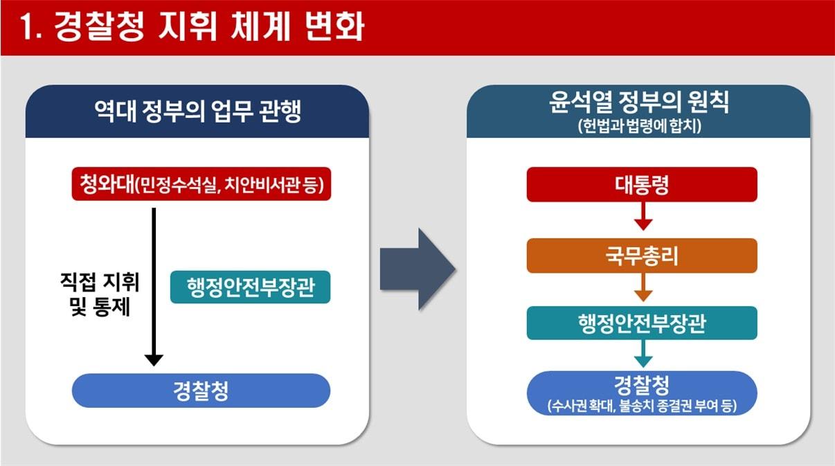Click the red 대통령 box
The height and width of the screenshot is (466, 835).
642,185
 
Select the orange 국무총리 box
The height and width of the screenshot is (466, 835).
642,256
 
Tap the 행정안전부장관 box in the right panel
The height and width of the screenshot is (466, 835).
642,323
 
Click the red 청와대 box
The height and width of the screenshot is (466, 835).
201,185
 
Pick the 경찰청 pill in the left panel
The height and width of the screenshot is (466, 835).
201,391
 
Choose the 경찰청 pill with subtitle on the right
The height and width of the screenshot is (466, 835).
642,392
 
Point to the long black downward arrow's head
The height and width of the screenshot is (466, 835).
154,359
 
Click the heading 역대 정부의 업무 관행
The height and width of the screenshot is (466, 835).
197,111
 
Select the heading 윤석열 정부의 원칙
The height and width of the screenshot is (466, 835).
638,104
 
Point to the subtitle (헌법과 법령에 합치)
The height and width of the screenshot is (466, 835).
638,127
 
